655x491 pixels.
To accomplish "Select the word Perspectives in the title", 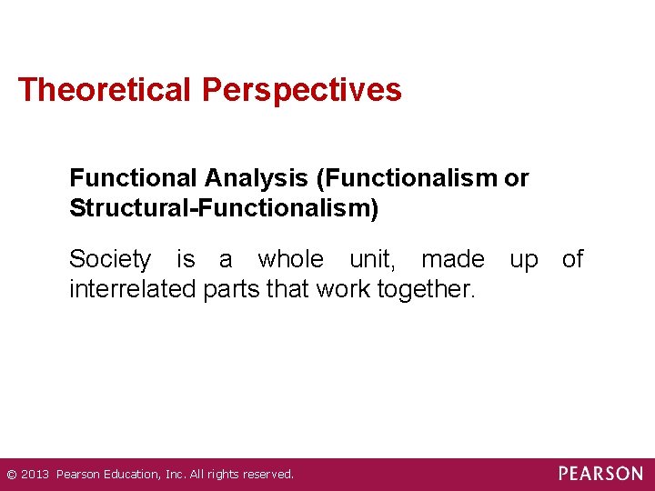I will coord(302,90).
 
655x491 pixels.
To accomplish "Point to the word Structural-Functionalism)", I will coord(224,208).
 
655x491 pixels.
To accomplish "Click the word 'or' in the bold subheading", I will coord(516,179).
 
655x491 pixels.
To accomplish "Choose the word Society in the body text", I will coord(110,260).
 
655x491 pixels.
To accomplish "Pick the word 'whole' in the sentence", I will coord(290,260).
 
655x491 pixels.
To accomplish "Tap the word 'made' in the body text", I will coord(452,260).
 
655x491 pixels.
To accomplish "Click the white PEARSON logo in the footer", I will coord(600,474).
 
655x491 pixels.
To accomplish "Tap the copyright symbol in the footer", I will coord(11,475).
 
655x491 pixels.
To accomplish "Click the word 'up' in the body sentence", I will coord(523,260).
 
